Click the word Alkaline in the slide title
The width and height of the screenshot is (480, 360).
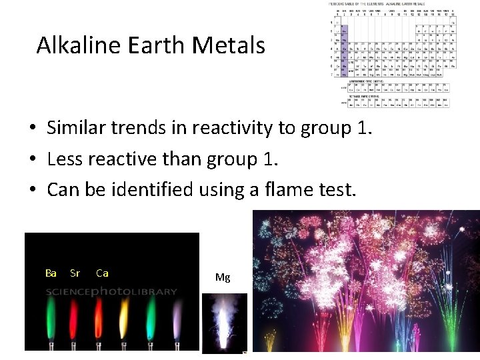pos(74,46)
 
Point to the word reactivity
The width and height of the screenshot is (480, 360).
pos(231,128)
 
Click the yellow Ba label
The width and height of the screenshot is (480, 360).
pos(51,273)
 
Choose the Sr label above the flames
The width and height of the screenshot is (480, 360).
pos(75,273)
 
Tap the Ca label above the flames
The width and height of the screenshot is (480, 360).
pos(102,273)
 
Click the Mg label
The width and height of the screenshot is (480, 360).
pos(223,277)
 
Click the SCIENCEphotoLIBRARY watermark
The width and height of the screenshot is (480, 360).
pos(111,291)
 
